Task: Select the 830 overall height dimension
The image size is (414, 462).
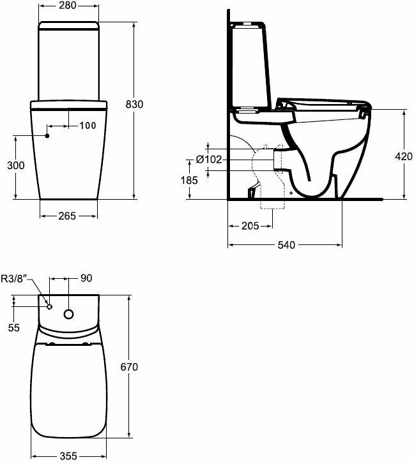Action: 144,105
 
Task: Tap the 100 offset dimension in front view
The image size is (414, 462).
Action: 88,126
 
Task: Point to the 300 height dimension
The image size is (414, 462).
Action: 15,166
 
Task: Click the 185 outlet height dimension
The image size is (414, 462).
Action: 189,180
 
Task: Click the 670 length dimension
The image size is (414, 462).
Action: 129,367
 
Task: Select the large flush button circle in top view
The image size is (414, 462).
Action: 69,314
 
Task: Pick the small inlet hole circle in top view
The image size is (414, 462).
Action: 50,307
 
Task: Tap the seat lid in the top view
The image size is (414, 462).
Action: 66,389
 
